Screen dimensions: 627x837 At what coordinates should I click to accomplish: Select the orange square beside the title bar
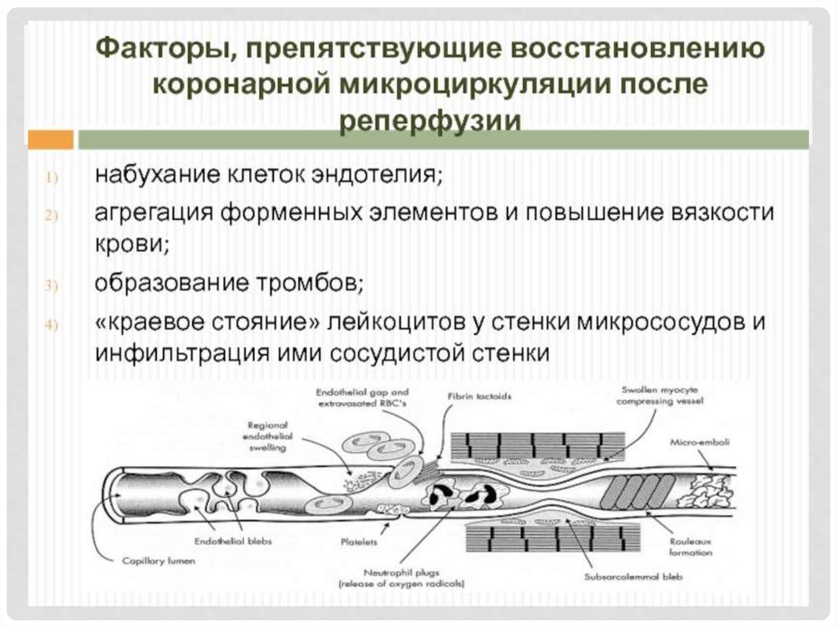(x=51, y=139)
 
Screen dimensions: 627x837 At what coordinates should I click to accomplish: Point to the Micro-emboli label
(x=700, y=442)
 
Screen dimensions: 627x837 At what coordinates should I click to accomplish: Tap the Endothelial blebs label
(x=233, y=541)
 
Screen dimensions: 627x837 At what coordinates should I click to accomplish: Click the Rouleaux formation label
(x=691, y=547)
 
